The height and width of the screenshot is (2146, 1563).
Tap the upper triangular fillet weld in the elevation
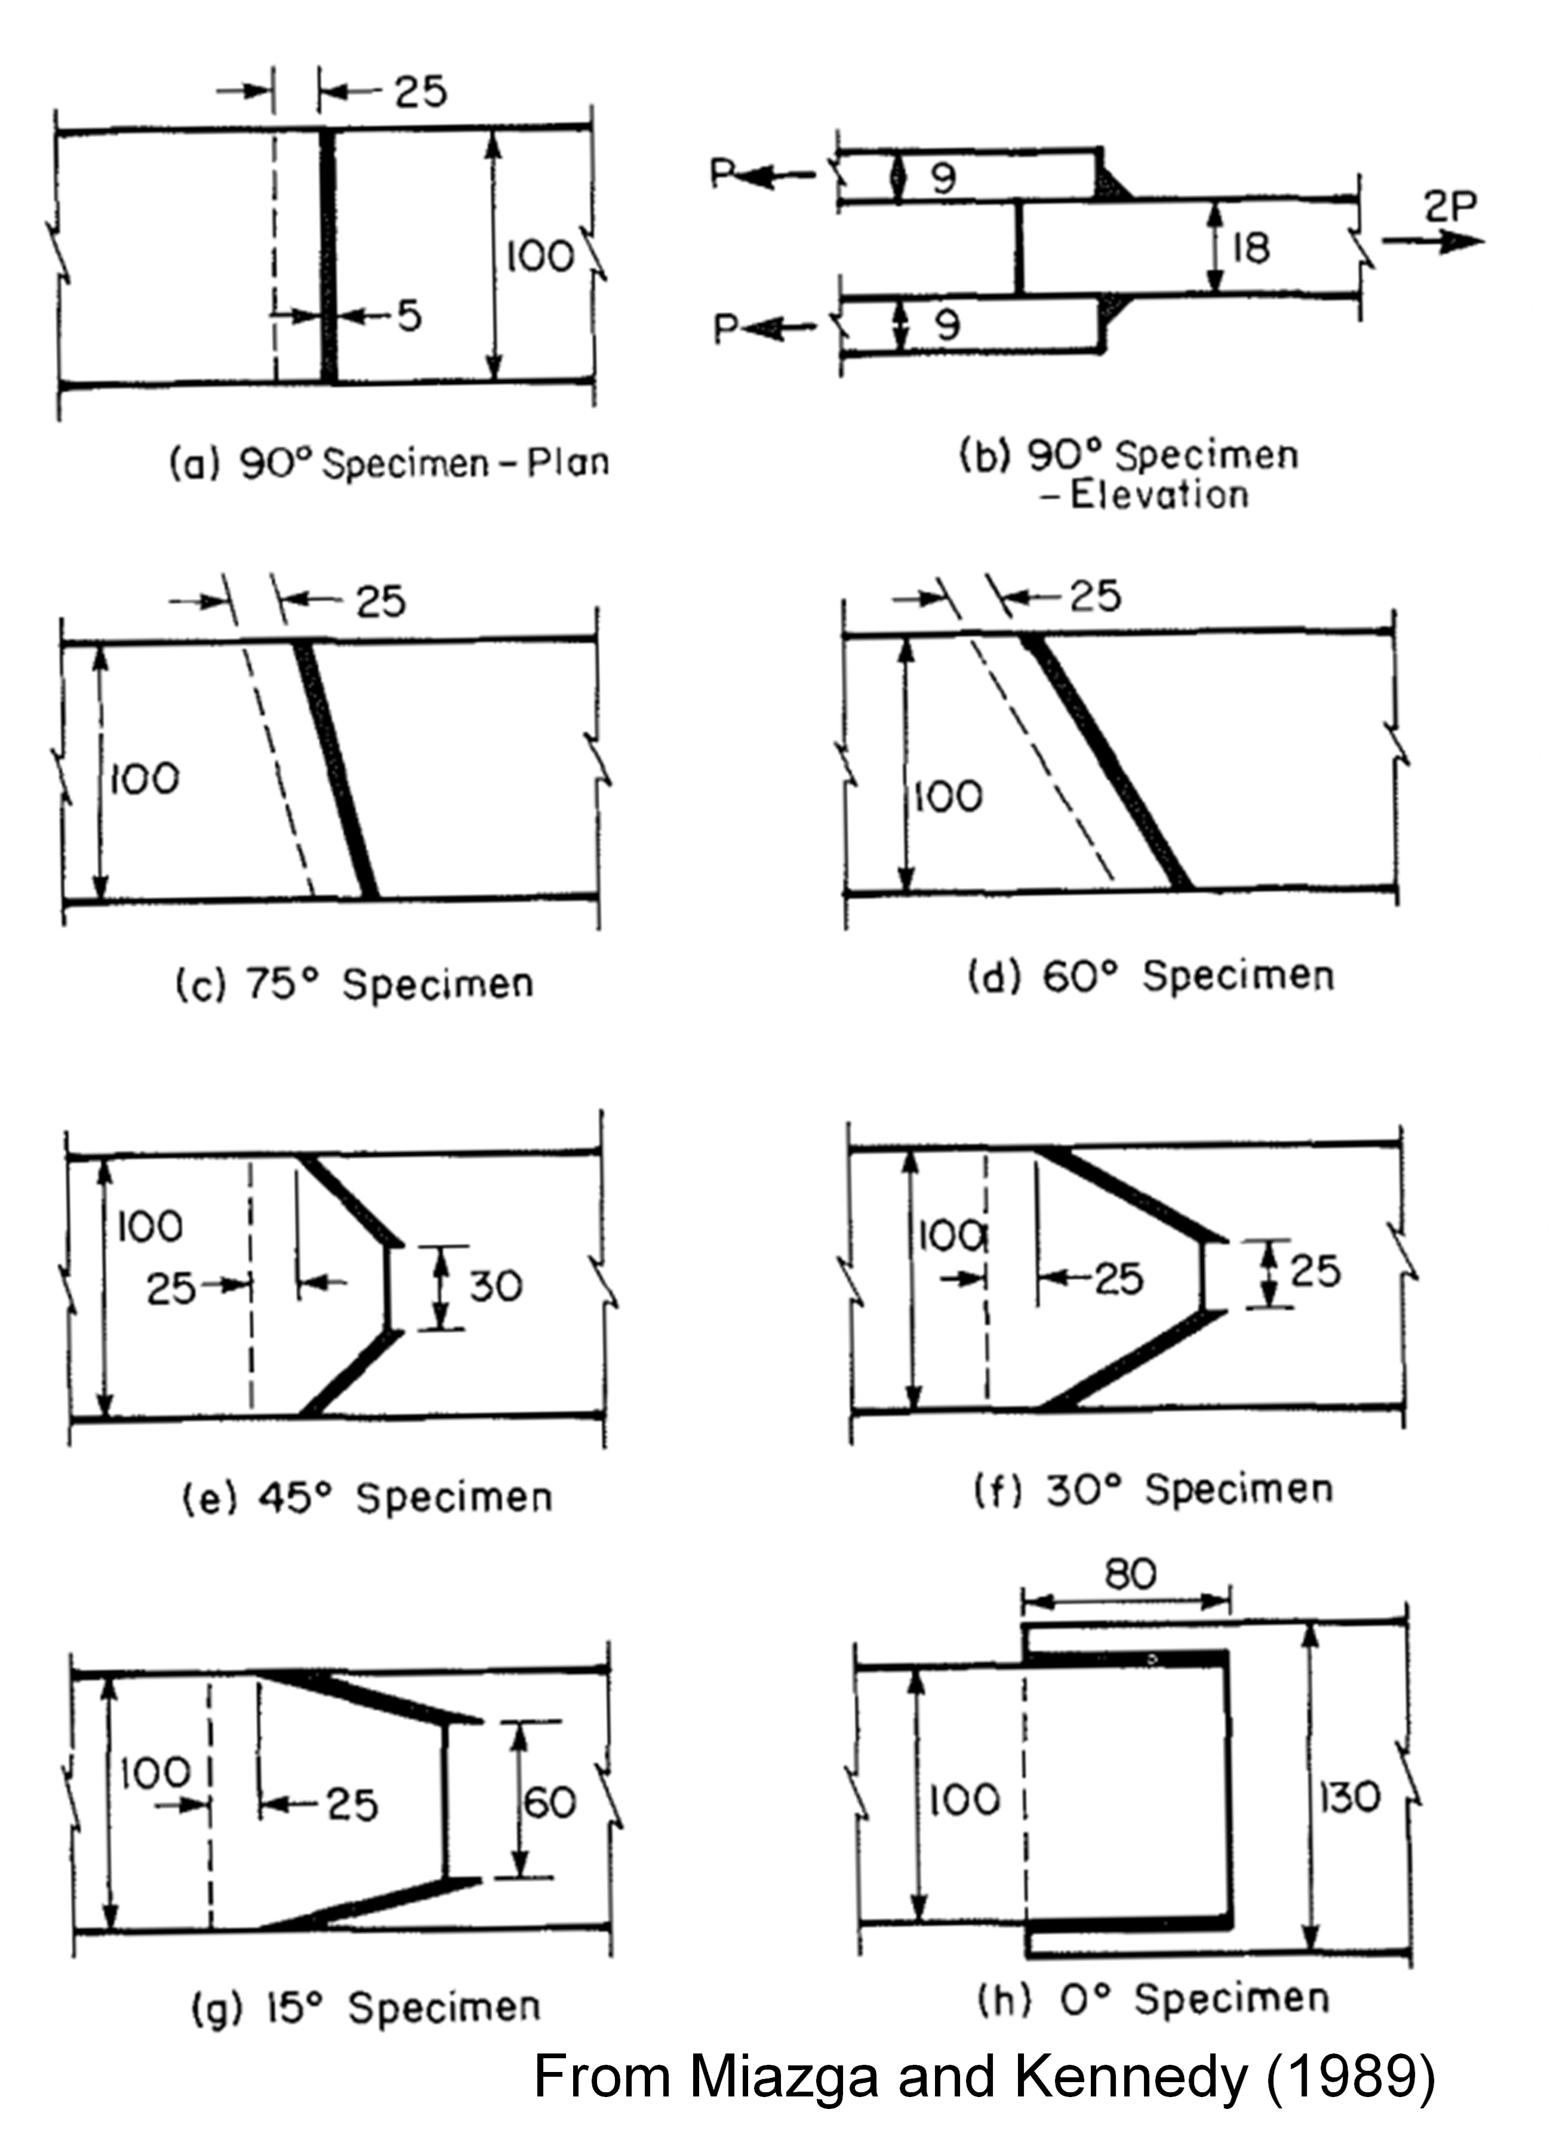click(x=1113, y=181)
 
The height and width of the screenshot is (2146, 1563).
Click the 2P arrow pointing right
click(x=1433, y=241)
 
